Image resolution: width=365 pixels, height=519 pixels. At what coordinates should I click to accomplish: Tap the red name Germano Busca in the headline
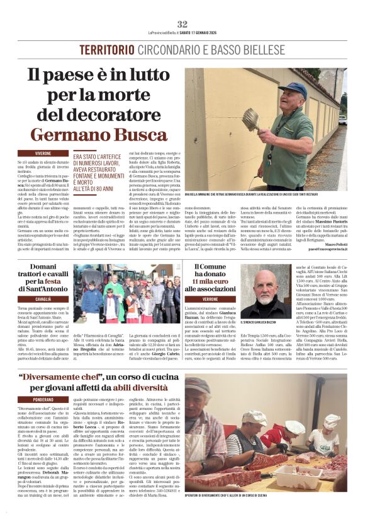pos(99,134)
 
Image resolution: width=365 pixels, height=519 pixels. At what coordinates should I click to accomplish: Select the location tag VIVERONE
pos(43,153)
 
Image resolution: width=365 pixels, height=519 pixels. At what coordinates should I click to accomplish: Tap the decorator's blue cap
pos(295,90)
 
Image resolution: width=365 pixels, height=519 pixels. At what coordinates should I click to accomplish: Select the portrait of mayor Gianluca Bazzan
pos(265,293)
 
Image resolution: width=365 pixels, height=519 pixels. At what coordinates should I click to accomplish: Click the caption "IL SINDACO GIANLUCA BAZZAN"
pos(265,323)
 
